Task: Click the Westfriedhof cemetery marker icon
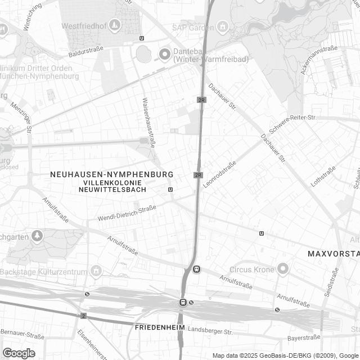click(115, 25)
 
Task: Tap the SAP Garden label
click(192, 27)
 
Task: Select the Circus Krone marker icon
click(283, 268)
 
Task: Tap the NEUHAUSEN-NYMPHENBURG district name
click(111, 175)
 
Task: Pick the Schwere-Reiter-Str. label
click(293, 117)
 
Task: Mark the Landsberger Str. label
click(210, 331)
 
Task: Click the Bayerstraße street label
click(304, 338)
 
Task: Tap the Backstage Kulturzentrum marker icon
click(96, 272)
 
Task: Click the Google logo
click(19, 353)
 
